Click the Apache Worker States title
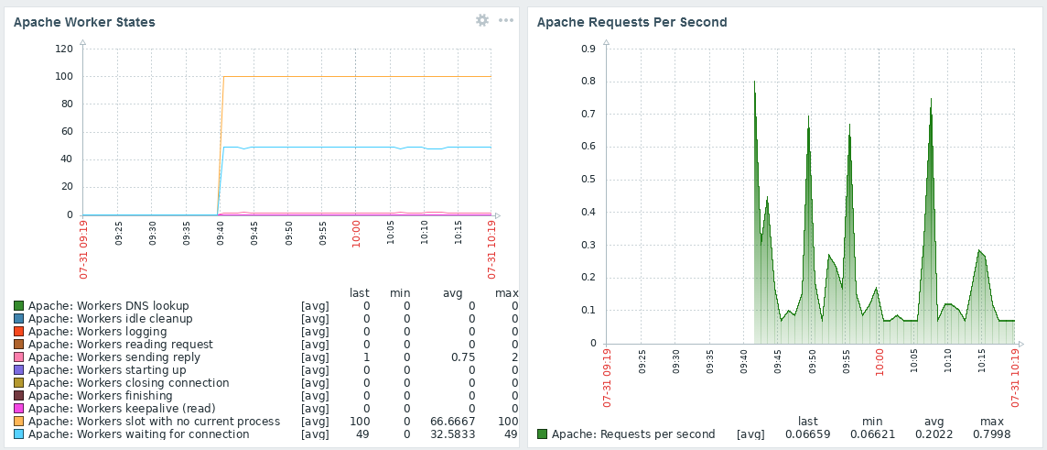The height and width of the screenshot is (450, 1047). pyautogui.click(x=84, y=22)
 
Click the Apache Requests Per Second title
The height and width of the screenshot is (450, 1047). pyautogui.click(x=631, y=22)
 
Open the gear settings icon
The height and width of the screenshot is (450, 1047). pyautogui.click(x=482, y=20)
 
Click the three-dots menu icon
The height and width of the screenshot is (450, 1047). pyautogui.click(x=506, y=20)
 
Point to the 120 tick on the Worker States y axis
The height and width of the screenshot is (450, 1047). pyautogui.click(x=64, y=49)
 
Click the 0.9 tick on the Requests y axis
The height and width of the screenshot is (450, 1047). pyautogui.click(x=588, y=49)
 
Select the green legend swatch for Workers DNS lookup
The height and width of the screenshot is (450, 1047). pyautogui.click(x=18, y=306)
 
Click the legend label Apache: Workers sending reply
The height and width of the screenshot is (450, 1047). pyautogui.click(x=114, y=357)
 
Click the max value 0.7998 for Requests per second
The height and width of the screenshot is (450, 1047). pyautogui.click(x=985, y=434)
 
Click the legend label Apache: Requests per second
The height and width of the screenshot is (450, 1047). pyautogui.click(x=633, y=434)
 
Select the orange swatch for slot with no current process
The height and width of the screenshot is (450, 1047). pyautogui.click(x=18, y=422)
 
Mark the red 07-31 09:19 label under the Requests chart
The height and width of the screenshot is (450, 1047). pyautogui.click(x=607, y=378)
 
